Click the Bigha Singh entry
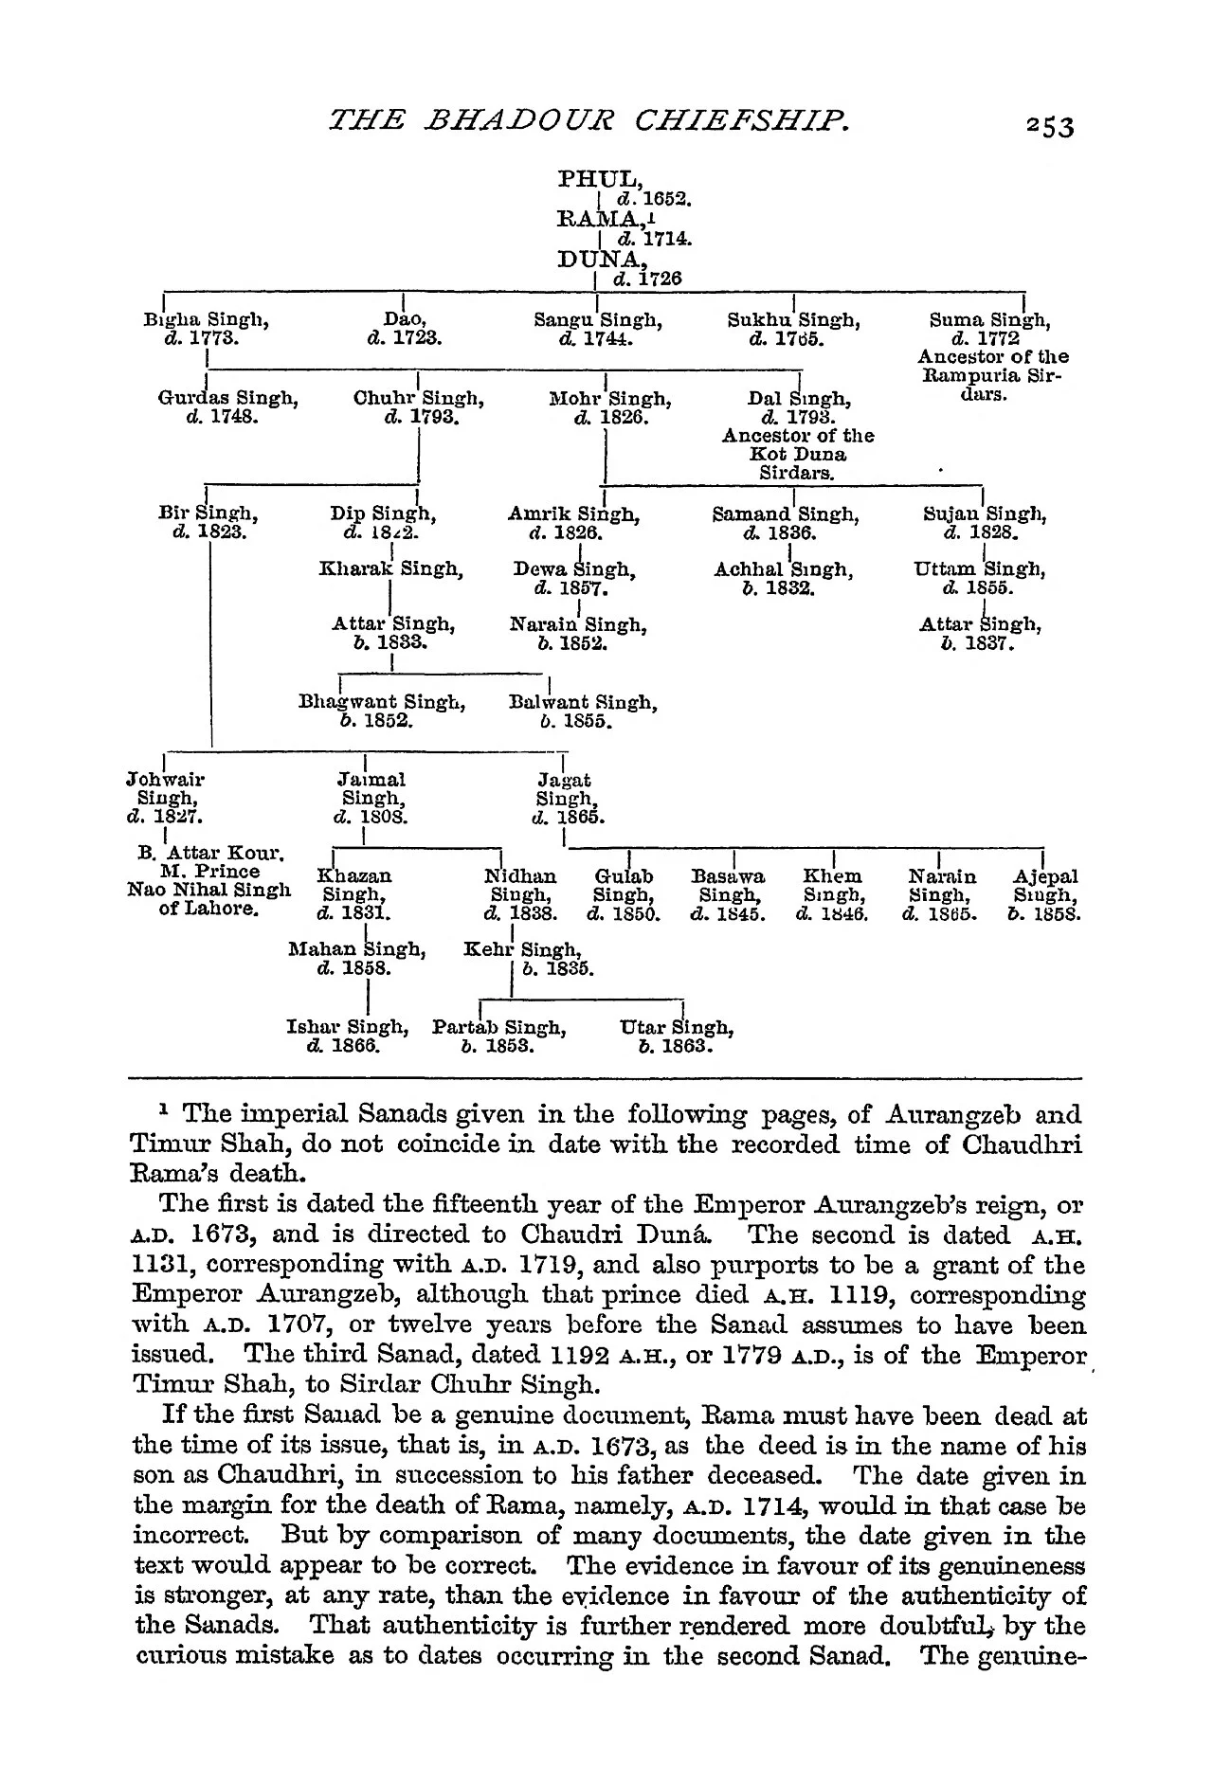coord(205,320)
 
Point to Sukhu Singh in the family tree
coord(793,320)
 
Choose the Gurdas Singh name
coord(227,399)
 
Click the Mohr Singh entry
coord(611,399)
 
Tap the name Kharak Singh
coord(391,570)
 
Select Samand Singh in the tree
coord(786,515)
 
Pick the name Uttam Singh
coord(980,570)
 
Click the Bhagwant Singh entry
coord(382,703)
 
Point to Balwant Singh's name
coord(583,703)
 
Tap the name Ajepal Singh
coord(1045,886)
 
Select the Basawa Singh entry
coord(728,886)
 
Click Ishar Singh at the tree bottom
coord(347,1027)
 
